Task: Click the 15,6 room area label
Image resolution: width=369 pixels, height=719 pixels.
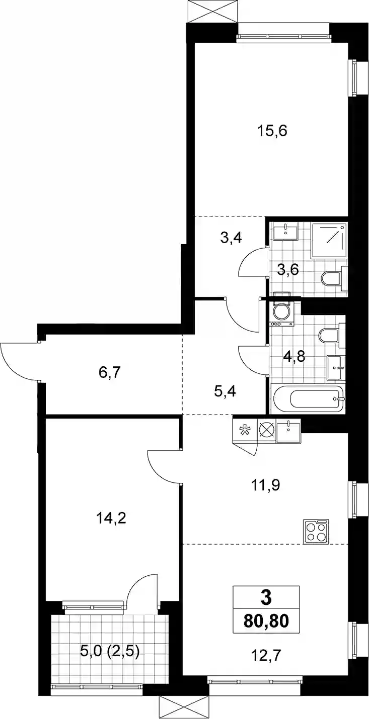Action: pyautogui.click(x=272, y=132)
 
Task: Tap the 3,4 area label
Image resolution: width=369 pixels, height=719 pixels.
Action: pyautogui.click(x=231, y=238)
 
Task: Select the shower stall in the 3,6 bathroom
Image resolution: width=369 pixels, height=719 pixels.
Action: pyautogui.click(x=329, y=241)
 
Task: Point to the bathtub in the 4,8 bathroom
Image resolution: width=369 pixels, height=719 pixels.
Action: pyautogui.click(x=308, y=398)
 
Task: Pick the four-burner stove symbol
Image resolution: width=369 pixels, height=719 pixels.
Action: pyautogui.click(x=316, y=532)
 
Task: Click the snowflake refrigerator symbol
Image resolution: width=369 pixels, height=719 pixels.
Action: pyautogui.click(x=244, y=430)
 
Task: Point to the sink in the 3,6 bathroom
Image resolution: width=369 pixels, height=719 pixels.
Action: pyautogui.click(x=285, y=232)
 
